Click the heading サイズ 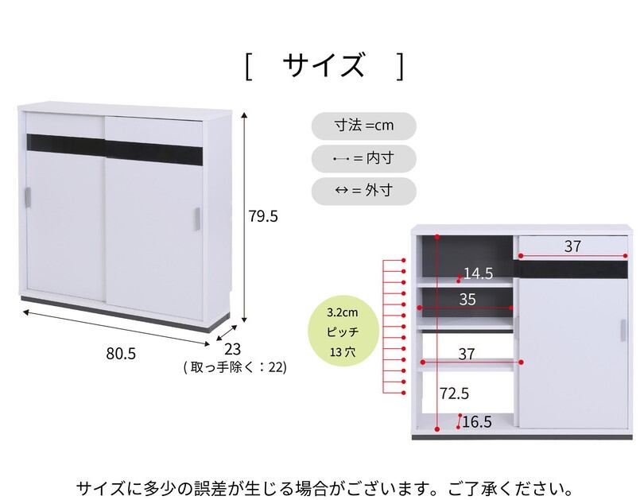point(325,65)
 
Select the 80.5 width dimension point(121,354)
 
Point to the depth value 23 point(232,349)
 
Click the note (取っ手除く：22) point(234,367)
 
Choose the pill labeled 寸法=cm point(364,126)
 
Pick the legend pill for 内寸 point(364,158)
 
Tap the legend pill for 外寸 point(364,191)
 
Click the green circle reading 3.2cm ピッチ point(343,330)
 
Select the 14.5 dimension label point(478,274)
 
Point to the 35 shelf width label point(467,299)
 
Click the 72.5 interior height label point(454,393)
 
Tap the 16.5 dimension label point(477,422)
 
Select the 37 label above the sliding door point(572,246)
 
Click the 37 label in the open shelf point(467,352)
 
